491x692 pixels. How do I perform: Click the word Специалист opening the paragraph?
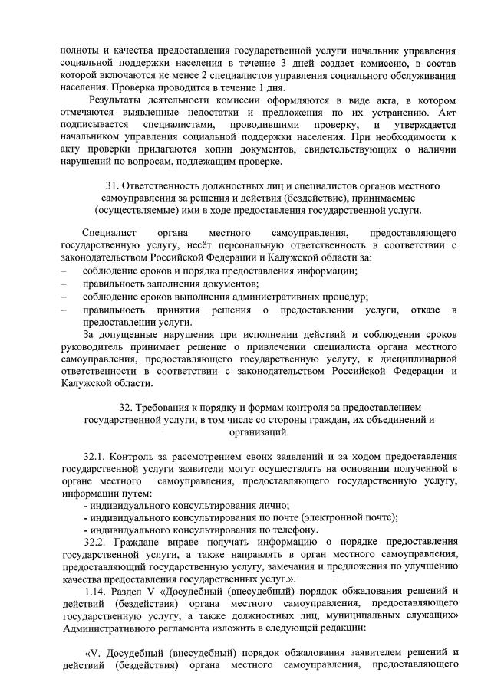[x=108, y=232]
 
